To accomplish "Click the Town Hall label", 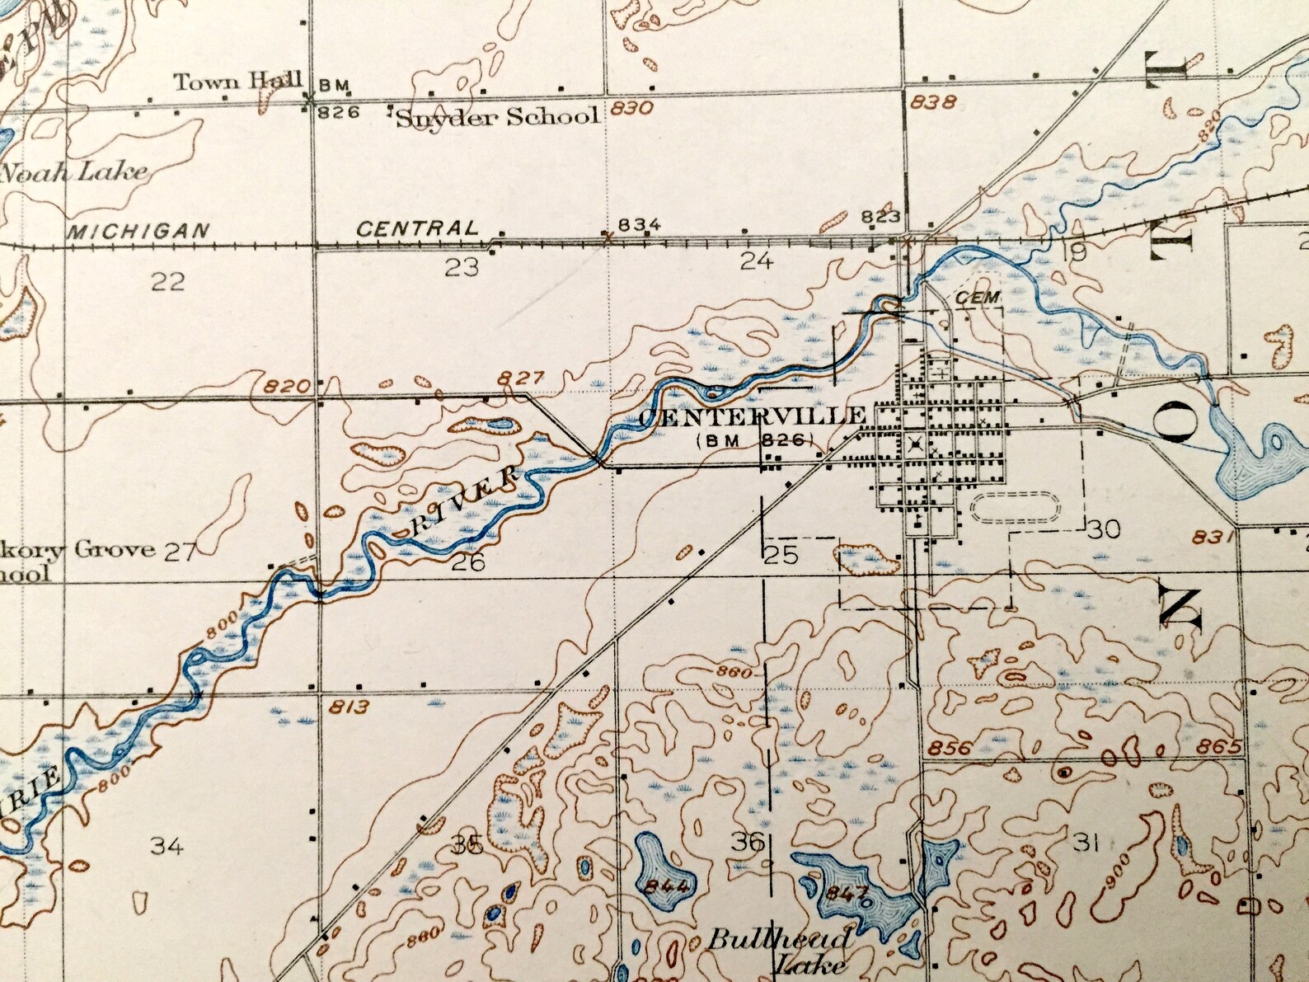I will [x=238, y=82].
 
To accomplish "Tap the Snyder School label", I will [x=497, y=117].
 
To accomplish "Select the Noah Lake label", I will [x=74, y=172].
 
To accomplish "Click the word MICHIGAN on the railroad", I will [x=138, y=231].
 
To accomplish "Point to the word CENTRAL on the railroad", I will [x=417, y=228].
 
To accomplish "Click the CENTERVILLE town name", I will [x=752, y=416].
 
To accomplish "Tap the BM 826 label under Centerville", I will [x=755, y=440].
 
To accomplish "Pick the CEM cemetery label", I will [x=978, y=297].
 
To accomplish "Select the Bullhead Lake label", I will [x=781, y=950].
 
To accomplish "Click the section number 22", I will [x=167, y=282].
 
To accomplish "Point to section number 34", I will [x=167, y=844].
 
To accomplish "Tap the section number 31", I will [x=1086, y=842].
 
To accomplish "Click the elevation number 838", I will [x=935, y=102].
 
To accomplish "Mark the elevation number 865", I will [x=1221, y=747].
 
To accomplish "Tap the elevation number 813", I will [x=349, y=707].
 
